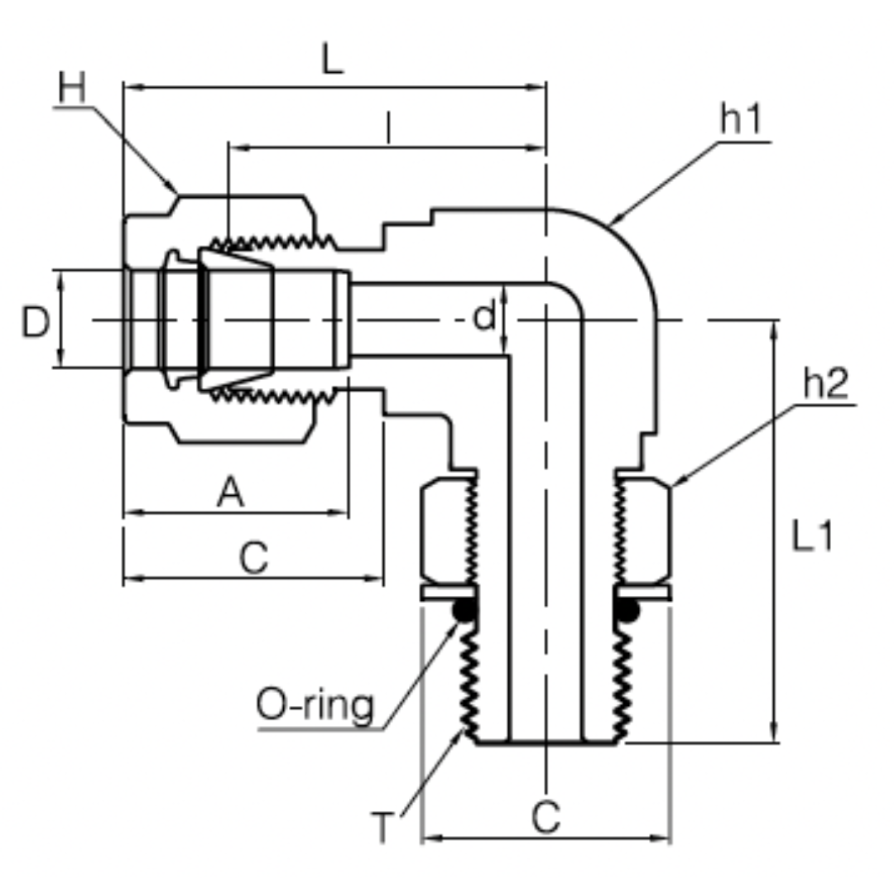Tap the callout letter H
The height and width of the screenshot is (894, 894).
pos(73,89)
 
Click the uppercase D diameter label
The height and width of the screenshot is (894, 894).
pos(36,321)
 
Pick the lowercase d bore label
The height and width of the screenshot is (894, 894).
pos(484,316)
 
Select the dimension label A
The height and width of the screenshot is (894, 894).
pos(231,494)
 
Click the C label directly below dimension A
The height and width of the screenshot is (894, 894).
pos(254,559)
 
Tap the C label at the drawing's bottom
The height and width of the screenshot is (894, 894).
pos(546,818)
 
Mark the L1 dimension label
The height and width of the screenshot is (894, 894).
pos(811,537)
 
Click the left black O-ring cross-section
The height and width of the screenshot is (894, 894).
pos(464,612)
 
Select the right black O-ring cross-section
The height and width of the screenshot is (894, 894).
pos(628,612)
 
